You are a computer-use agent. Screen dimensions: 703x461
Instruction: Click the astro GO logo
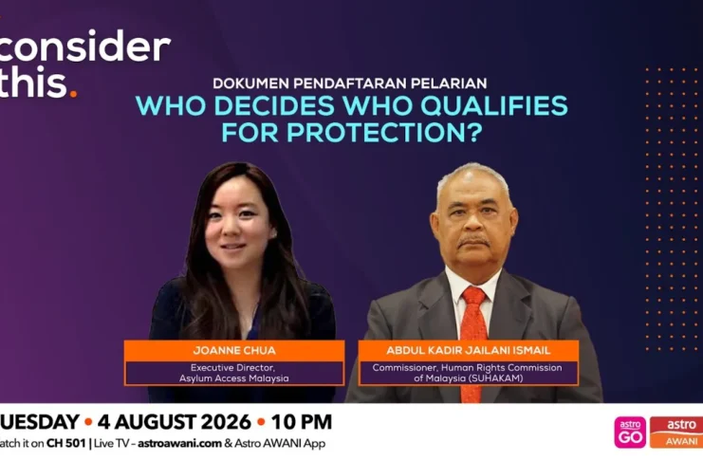(630, 433)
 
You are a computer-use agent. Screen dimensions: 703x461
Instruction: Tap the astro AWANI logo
(676, 433)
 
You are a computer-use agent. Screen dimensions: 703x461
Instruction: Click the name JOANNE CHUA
(234, 350)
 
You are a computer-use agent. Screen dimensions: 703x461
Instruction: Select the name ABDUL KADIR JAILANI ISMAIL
(469, 350)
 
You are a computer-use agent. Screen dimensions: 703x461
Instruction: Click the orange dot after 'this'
(74, 94)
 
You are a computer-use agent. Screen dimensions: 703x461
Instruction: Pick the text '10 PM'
(302, 422)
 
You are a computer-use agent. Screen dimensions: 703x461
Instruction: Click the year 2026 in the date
(226, 422)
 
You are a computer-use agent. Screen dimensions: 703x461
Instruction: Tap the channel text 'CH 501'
(65, 443)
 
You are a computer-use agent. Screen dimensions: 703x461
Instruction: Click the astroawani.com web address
(179, 443)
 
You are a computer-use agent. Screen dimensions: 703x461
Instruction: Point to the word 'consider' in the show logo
(84, 46)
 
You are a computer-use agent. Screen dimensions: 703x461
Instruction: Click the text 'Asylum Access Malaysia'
(234, 378)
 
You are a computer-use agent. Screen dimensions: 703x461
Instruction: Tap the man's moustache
(473, 242)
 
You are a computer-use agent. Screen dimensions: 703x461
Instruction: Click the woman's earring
(273, 233)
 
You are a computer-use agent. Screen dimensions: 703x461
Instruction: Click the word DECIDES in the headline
(277, 106)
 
